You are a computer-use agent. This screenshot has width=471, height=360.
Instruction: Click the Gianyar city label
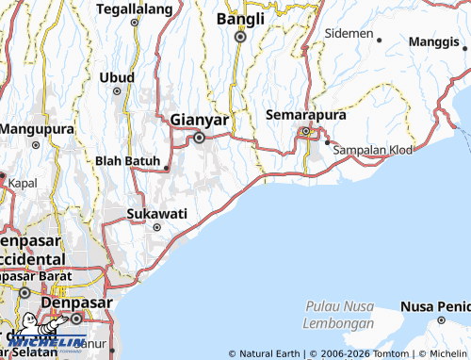tap(200, 121)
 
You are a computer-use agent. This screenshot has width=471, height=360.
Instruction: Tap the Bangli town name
tap(240, 18)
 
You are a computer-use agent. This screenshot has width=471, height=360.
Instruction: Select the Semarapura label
tap(306, 114)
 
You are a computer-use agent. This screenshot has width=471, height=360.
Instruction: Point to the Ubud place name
tap(118, 75)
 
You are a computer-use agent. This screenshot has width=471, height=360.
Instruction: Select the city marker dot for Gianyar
tap(200, 138)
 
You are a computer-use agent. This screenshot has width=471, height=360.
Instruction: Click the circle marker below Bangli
tap(240, 37)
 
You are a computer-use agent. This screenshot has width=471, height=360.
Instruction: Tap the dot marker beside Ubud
tap(117, 91)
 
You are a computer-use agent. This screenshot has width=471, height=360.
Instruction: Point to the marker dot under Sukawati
tap(157, 226)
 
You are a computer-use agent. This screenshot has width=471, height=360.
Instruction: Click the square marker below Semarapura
tap(305, 131)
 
